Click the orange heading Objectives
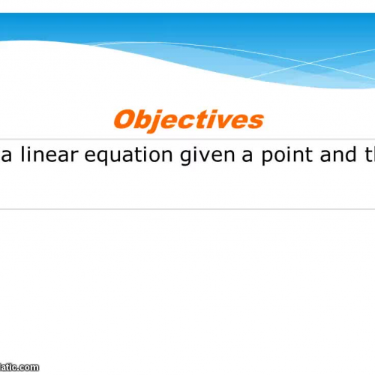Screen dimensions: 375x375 click(x=188, y=120)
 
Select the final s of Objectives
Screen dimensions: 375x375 click(x=256, y=121)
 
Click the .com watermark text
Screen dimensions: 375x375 click(x=22, y=367)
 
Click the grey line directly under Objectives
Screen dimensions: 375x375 click(x=187, y=139)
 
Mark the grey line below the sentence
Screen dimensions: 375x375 click(x=187, y=208)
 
